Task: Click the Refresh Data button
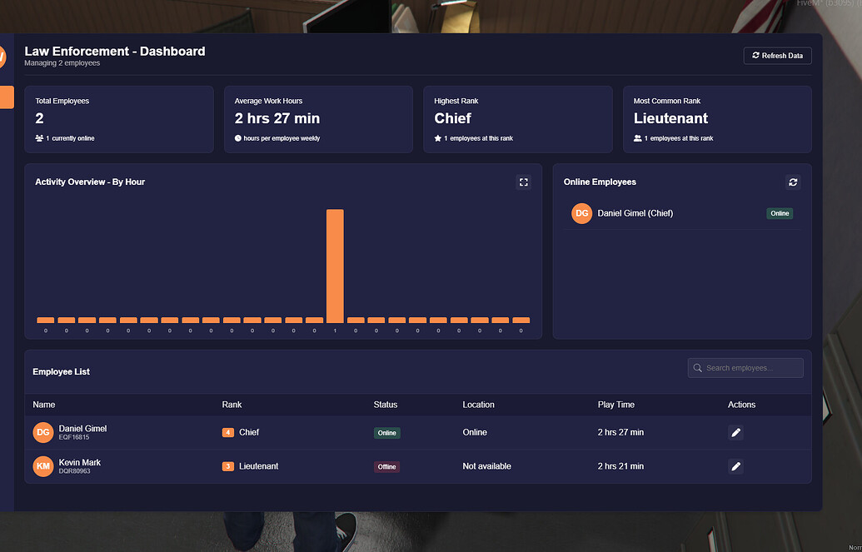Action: (777, 56)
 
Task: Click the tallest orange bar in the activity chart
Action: (335, 266)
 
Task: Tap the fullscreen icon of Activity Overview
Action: (523, 182)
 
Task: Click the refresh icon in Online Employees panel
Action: (793, 182)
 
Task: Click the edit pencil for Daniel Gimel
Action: (735, 433)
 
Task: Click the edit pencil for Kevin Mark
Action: (735, 466)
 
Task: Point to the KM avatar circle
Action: (42, 466)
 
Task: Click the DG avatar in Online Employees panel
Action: (582, 213)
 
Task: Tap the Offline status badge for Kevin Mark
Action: (386, 466)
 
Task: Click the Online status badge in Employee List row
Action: (386, 433)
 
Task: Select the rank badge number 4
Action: (227, 433)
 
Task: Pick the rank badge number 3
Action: (227, 466)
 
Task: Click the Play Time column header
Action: (615, 405)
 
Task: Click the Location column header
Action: (478, 405)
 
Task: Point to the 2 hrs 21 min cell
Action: (620, 466)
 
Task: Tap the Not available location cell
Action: (486, 466)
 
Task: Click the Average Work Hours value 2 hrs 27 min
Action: (277, 118)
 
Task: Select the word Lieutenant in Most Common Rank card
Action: (670, 118)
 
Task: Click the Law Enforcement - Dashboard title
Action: (115, 51)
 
